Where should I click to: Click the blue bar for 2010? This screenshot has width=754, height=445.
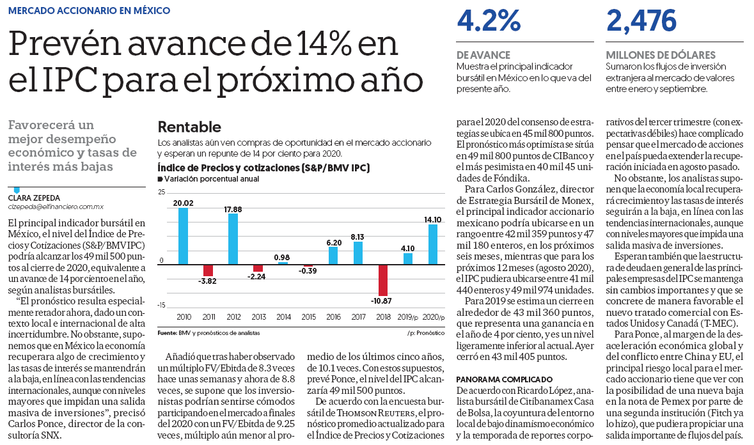[183, 236]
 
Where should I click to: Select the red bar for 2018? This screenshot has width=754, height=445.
[383, 280]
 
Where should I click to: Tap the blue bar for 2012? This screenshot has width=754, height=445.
[233, 239]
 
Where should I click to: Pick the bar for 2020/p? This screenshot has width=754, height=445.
[433, 244]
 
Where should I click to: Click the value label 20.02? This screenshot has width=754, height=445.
[183, 203]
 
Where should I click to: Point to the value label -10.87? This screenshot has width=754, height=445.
[381, 301]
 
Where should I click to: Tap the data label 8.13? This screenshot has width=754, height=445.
[357, 237]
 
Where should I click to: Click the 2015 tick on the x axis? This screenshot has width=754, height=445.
[309, 317]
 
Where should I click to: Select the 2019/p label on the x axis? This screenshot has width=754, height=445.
[408, 317]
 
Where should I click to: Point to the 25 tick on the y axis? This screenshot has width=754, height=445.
[162, 192]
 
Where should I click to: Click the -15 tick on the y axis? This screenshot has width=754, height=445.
[161, 305]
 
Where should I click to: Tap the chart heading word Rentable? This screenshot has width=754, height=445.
[189, 127]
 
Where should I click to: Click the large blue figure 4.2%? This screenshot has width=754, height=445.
[489, 20]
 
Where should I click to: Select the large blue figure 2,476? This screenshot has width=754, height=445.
[641, 20]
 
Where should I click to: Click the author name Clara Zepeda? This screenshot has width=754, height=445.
[34, 198]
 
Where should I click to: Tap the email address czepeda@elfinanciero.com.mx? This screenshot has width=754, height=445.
[56, 207]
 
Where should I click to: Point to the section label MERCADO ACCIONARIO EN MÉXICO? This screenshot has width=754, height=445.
[90, 11]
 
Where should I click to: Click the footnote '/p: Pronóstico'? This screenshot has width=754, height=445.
[425, 333]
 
